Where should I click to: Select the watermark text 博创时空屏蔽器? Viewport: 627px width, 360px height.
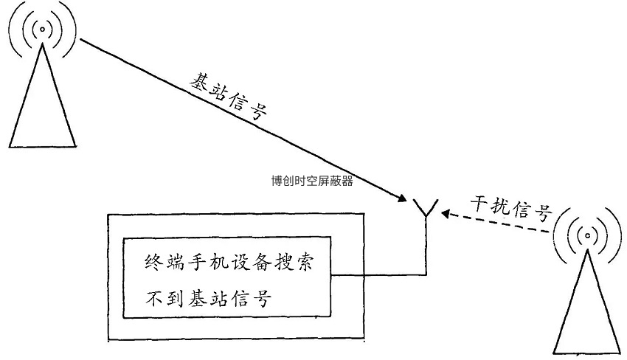[x=312, y=181]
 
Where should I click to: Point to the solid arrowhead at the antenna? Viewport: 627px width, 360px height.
[x=402, y=198]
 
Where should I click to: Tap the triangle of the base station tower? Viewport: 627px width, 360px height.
[x=42, y=96]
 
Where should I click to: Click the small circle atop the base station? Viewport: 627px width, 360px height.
[x=42, y=29]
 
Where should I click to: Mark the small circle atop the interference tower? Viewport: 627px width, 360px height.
[x=587, y=235]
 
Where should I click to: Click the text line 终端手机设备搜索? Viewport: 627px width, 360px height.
[x=229, y=263]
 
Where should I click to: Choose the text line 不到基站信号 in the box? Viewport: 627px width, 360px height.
[x=208, y=299]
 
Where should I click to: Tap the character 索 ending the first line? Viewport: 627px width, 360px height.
[x=304, y=263]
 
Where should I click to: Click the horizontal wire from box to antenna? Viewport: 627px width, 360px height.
[x=378, y=275]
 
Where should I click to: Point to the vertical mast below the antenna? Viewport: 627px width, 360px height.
[x=426, y=246]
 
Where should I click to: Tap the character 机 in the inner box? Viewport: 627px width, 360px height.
[x=219, y=263]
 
